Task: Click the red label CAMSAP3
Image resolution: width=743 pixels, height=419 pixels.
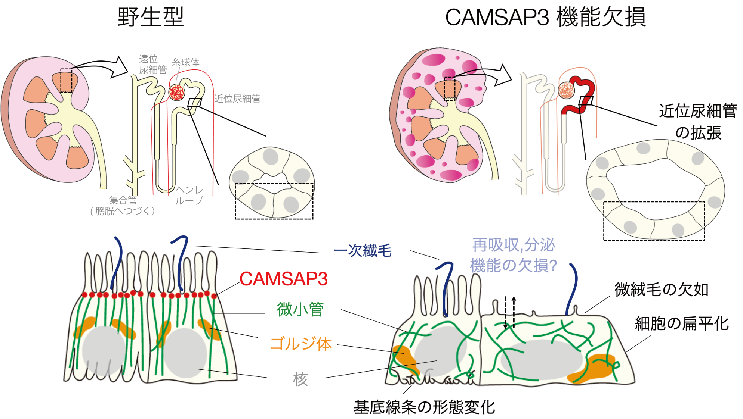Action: click(x=284, y=279)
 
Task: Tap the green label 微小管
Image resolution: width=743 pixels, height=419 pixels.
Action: click(x=300, y=309)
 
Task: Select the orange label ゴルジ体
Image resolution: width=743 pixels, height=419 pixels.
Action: click(x=300, y=344)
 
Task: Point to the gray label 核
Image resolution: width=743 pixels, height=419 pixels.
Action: click(x=300, y=379)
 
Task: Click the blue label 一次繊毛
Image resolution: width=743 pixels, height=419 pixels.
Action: click(x=362, y=251)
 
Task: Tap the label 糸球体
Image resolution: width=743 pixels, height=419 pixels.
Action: click(x=185, y=62)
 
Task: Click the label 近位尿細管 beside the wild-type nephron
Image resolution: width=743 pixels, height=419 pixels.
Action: click(x=237, y=99)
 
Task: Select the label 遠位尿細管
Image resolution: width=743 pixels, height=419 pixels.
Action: click(x=152, y=64)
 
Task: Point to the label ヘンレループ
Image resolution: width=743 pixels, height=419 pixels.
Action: click(x=189, y=196)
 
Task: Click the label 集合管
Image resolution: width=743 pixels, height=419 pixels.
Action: click(x=123, y=200)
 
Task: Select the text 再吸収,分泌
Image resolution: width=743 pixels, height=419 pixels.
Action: click(x=514, y=245)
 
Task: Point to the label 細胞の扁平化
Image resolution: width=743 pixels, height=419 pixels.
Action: click(x=682, y=323)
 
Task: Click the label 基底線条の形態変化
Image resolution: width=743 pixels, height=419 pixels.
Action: click(x=424, y=407)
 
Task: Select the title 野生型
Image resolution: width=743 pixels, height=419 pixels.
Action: click(x=151, y=17)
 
